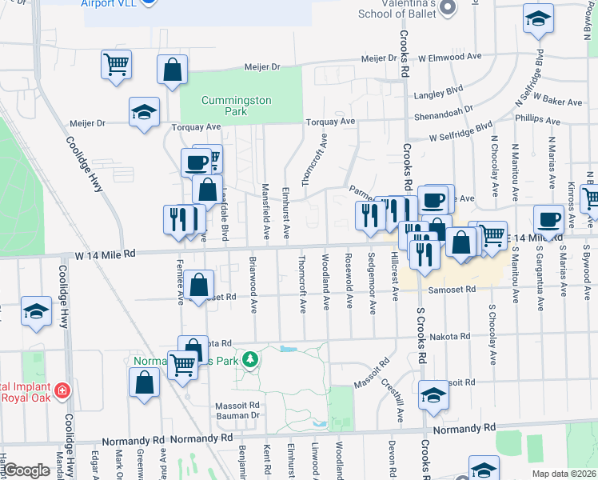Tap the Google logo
(26, 470)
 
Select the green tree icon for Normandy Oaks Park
(251, 359)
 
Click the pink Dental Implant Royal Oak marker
(62, 392)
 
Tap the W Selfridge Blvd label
(460, 133)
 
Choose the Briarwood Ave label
(253, 285)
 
